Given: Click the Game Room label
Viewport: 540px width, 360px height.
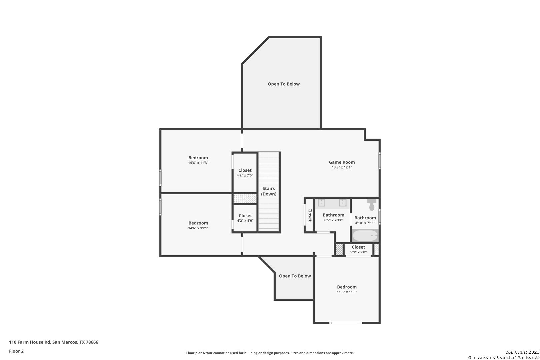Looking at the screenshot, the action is click(342, 162).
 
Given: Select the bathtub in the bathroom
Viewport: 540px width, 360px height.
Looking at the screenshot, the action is click(365, 236).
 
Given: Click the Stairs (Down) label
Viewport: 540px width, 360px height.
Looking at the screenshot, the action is click(269, 191).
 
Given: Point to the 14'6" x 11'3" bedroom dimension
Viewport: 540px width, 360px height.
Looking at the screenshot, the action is click(198, 163).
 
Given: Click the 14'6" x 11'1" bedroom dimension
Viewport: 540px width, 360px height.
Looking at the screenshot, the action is click(198, 228).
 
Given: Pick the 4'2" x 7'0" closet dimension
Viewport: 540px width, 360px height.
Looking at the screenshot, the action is click(245, 175).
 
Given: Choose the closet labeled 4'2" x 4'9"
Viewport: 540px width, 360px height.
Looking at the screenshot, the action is click(245, 218).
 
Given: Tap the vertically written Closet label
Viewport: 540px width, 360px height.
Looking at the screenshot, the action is click(310, 215).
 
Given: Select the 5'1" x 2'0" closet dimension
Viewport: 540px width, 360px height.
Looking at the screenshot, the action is click(358, 252).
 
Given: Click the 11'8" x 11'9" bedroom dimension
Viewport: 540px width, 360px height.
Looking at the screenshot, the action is click(347, 292).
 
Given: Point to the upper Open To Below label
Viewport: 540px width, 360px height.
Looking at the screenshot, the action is click(284, 84).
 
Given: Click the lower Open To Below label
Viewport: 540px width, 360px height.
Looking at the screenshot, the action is click(295, 276).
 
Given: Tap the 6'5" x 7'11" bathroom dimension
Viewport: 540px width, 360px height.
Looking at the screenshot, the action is click(333, 220).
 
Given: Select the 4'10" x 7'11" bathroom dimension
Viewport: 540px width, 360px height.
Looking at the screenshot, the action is click(365, 223).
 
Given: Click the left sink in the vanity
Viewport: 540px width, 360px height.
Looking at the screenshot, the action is click(321, 203).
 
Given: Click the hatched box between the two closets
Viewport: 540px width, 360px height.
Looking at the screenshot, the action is click(245, 199).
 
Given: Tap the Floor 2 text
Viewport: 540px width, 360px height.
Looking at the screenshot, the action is click(16, 351).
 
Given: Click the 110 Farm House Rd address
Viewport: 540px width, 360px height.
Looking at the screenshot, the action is click(54, 342).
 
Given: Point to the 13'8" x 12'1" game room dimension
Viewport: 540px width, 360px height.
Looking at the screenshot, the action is click(342, 167).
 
